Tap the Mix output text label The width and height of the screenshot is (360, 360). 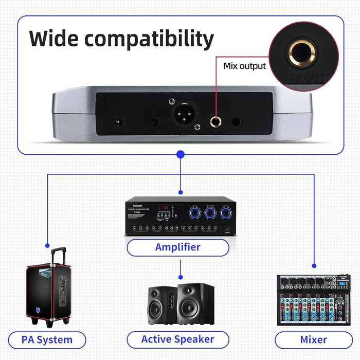[244, 66]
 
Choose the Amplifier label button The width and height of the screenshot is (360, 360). [178, 247]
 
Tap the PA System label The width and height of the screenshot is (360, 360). [47, 339]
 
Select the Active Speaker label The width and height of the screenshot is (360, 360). [177, 339]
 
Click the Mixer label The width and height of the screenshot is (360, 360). [313, 339]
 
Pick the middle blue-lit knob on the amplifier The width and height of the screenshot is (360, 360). [209, 212]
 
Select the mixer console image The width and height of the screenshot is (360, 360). [314, 299]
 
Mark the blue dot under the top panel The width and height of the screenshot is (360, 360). [180, 154]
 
